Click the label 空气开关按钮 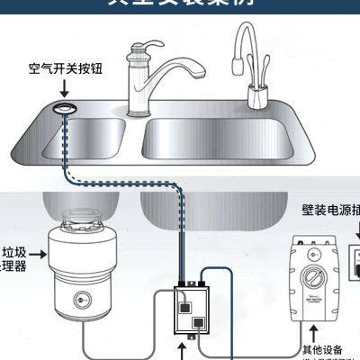(66, 68)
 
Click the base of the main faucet (140, 110)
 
